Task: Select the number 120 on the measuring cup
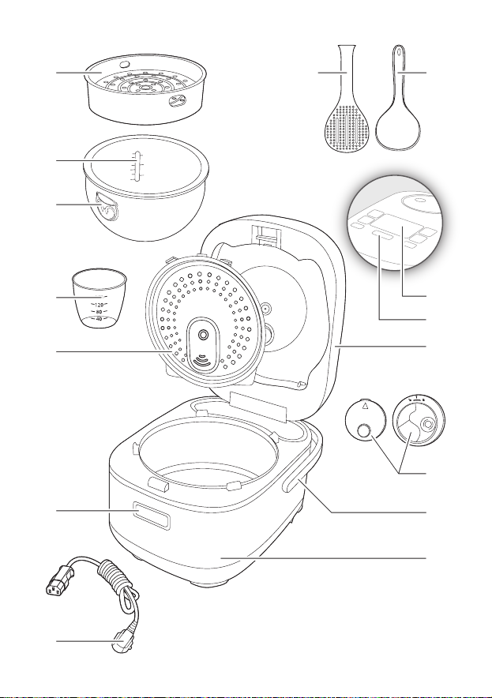pos(99,305)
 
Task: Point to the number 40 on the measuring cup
pos(99,319)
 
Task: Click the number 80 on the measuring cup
pos(99,312)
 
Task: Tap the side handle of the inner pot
pos(106,208)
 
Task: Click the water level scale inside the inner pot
pos(137,166)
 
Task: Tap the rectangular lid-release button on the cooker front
pos(152,516)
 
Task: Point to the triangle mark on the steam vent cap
pos(365,406)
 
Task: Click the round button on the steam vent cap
pos(365,430)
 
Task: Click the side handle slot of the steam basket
pos(176,102)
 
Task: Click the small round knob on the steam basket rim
pos(125,65)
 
